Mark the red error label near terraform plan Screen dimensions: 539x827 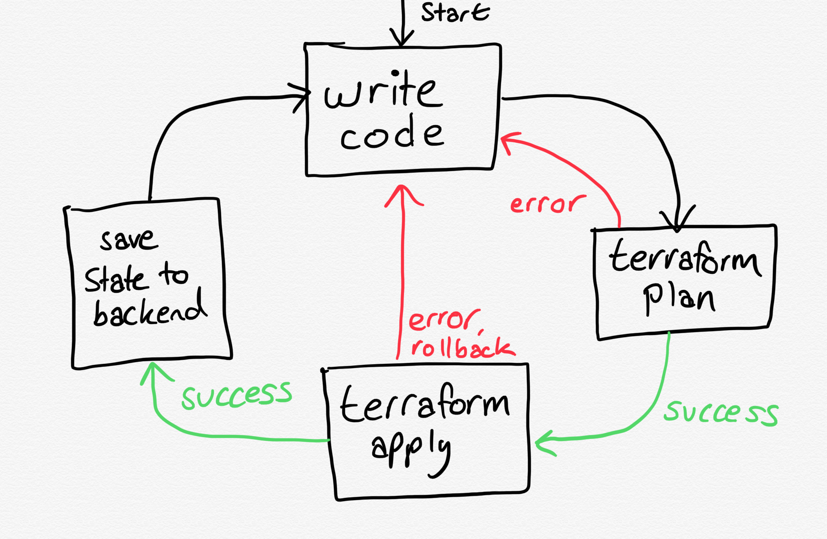tap(547, 204)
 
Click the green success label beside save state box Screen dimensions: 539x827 tap(236, 394)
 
